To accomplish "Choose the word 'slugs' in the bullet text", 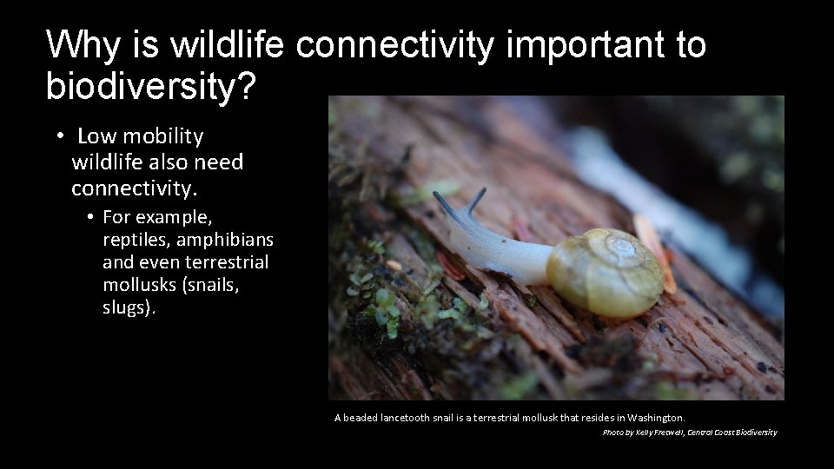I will [126, 308].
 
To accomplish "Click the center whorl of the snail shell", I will [621, 249].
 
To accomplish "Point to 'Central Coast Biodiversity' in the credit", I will [731, 433].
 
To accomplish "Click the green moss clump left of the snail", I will [382, 304].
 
